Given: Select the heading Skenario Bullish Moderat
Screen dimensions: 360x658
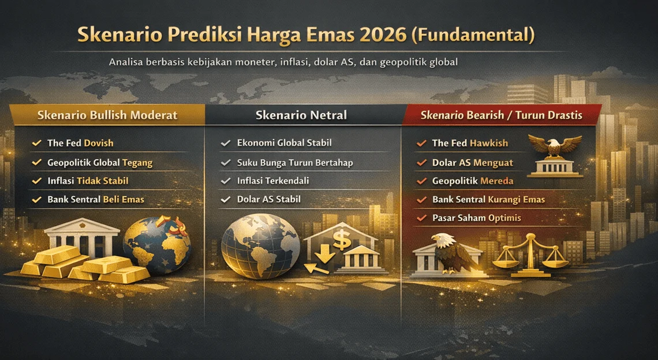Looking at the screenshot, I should tap(107, 115).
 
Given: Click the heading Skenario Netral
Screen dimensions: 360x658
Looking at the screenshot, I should tap(301, 115).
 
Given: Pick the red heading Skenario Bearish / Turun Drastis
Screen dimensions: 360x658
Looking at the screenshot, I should tap(501, 115).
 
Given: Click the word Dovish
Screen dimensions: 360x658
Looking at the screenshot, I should tap(99, 143).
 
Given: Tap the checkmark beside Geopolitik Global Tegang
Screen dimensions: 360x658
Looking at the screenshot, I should tap(37, 163).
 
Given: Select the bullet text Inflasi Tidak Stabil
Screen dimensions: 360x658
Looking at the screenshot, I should tap(88, 181).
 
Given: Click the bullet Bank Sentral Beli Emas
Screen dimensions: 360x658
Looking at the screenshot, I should tap(96, 200).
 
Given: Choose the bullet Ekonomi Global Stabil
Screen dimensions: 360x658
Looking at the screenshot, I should tap(284, 143).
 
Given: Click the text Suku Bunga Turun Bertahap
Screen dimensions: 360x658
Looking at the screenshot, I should tap(295, 163).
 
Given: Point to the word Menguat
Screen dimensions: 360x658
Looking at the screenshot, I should tap(493, 163).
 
